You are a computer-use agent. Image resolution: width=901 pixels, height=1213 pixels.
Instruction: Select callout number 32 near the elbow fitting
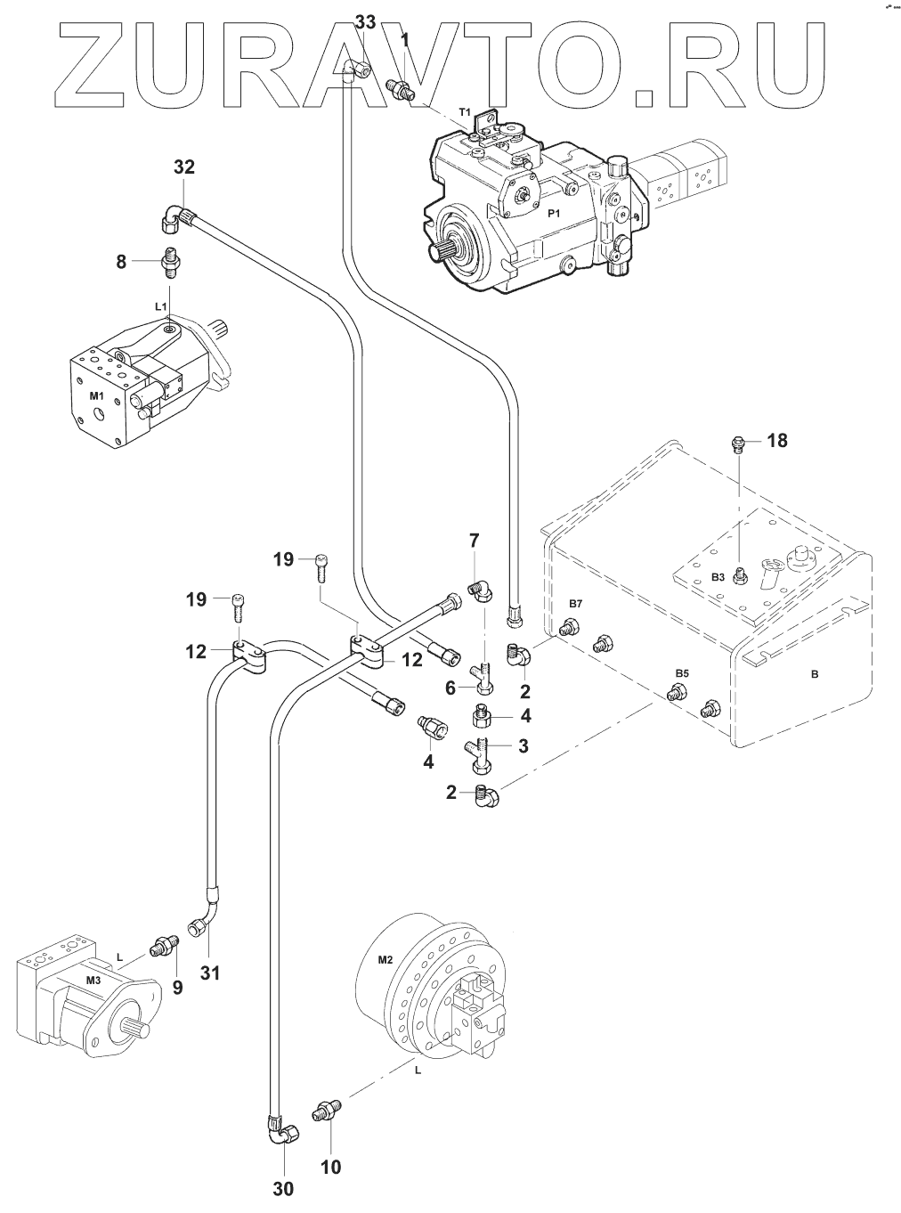pyautogui.click(x=183, y=167)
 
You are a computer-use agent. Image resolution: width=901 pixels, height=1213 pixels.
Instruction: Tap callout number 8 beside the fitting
pyautogui.click(x=121, y=261)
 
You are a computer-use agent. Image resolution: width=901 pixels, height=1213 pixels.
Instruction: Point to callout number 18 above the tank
pyautogui.click(x=777, y=440)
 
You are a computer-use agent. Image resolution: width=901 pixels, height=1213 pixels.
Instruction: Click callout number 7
pyautogui.click(x=474, y=540)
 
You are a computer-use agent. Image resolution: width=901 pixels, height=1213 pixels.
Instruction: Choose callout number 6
pyautogui.click(x=450, y=688)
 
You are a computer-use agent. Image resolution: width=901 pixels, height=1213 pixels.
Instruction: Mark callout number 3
pyautogui.click(x=524, y=745)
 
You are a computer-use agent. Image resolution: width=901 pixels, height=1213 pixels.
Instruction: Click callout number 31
pyautogui.click(x=209, y=973)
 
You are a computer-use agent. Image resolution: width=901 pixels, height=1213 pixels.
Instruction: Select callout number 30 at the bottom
pyautogui.click(x=283, y=1188)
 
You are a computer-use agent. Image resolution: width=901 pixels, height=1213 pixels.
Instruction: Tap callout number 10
pyautogui.click(x=330, y=1166)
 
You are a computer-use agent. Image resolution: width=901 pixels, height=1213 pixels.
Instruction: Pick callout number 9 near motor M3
pyautogui.click(x=178, y=988)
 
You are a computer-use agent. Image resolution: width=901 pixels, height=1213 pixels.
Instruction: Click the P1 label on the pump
pyautogui.click(x=553, y=214)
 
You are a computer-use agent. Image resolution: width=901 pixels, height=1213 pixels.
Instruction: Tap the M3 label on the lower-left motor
pyautogui.click(x=93, y=981)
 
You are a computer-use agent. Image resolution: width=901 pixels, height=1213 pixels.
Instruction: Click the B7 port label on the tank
pyautogui.click(x=575, y=605)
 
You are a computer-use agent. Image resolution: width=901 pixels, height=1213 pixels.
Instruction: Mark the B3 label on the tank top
pyautogui.click(x=718, y=577)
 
